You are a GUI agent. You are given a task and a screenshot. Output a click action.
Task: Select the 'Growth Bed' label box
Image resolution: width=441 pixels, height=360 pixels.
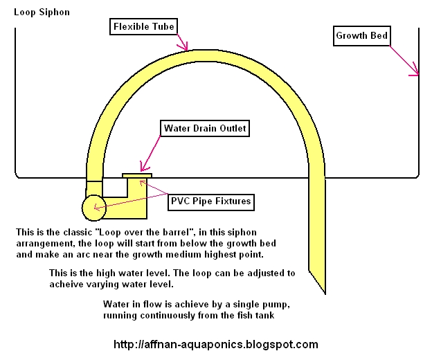[x=361, y=35]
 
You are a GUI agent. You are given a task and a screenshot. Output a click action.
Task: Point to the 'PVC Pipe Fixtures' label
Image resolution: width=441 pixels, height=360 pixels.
[x=210, y=202]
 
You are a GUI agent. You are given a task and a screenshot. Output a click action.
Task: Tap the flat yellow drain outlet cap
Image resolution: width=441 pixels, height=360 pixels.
[x=137, y=176]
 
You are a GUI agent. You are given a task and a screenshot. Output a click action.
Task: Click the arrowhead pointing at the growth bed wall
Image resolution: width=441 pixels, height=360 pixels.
[x=415, y=71]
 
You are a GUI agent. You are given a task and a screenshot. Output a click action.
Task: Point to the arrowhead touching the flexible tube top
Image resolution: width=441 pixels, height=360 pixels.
[x=185, y=48]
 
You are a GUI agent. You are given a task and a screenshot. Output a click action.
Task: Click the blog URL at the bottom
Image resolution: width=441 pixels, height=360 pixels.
[x=215, y=344]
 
